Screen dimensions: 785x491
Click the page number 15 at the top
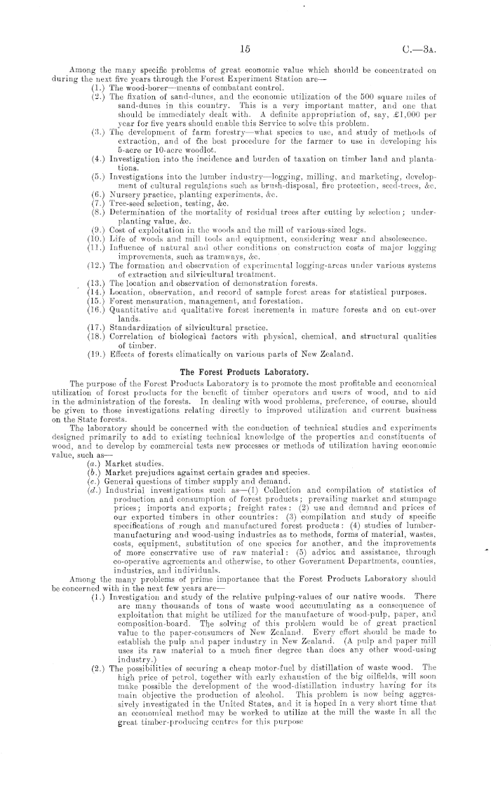click(x=245, y=50)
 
